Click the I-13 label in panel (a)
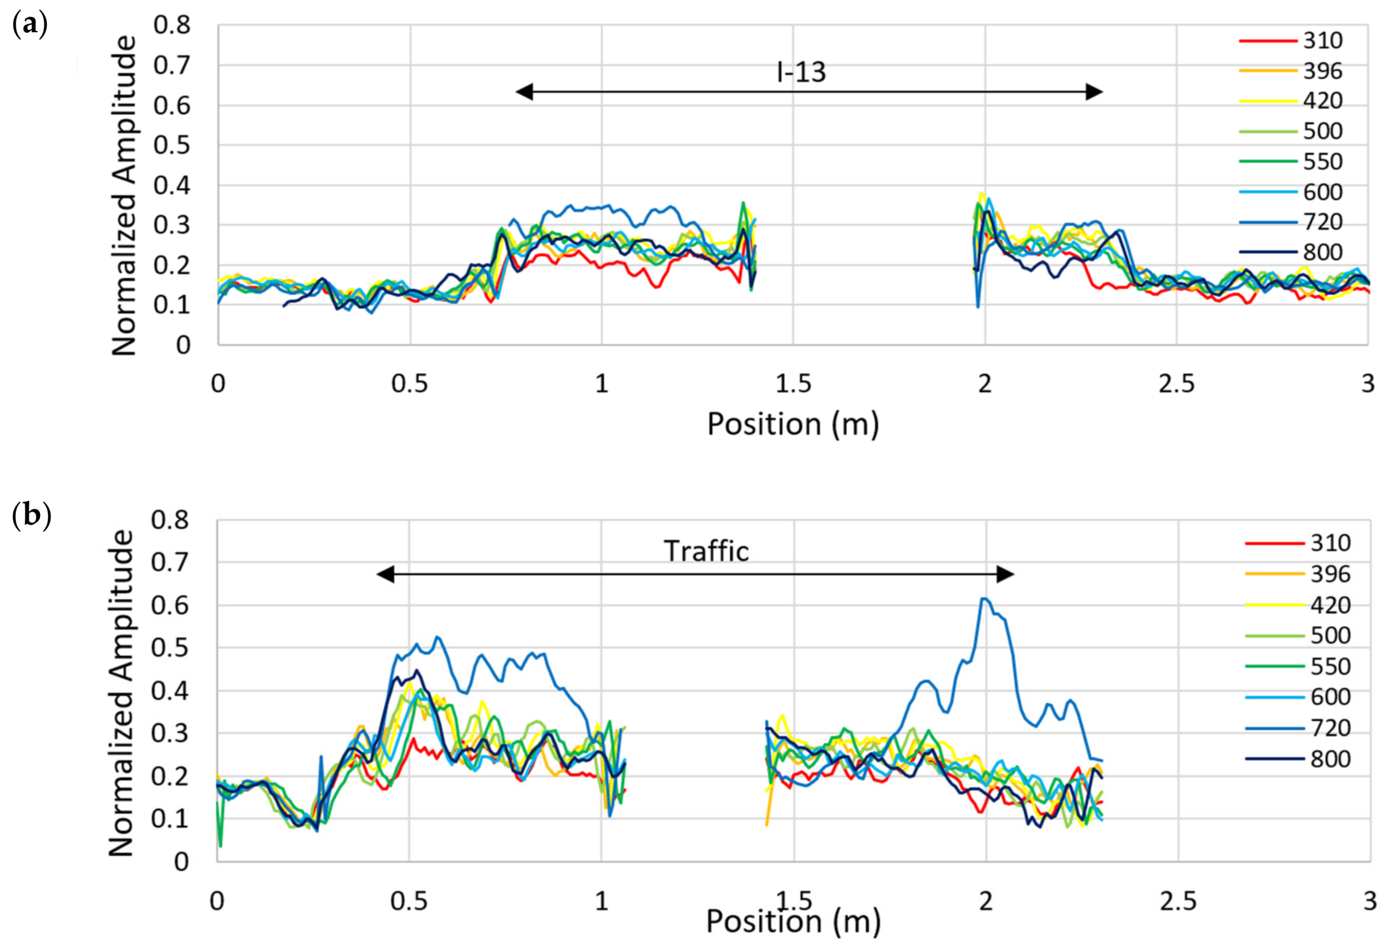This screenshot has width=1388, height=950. pos(801,72)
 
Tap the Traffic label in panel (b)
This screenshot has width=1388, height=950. pos(706,551)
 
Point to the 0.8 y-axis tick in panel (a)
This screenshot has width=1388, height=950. pos(171,25)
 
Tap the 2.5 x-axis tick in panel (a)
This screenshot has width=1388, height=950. pos(1176,384)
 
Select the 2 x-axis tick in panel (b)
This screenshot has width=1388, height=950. pos(985,901)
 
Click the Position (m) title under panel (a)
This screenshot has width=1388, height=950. pos(792,424)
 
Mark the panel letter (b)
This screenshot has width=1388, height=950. pos(31,515)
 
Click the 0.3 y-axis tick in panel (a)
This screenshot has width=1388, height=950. pos(171,225)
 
